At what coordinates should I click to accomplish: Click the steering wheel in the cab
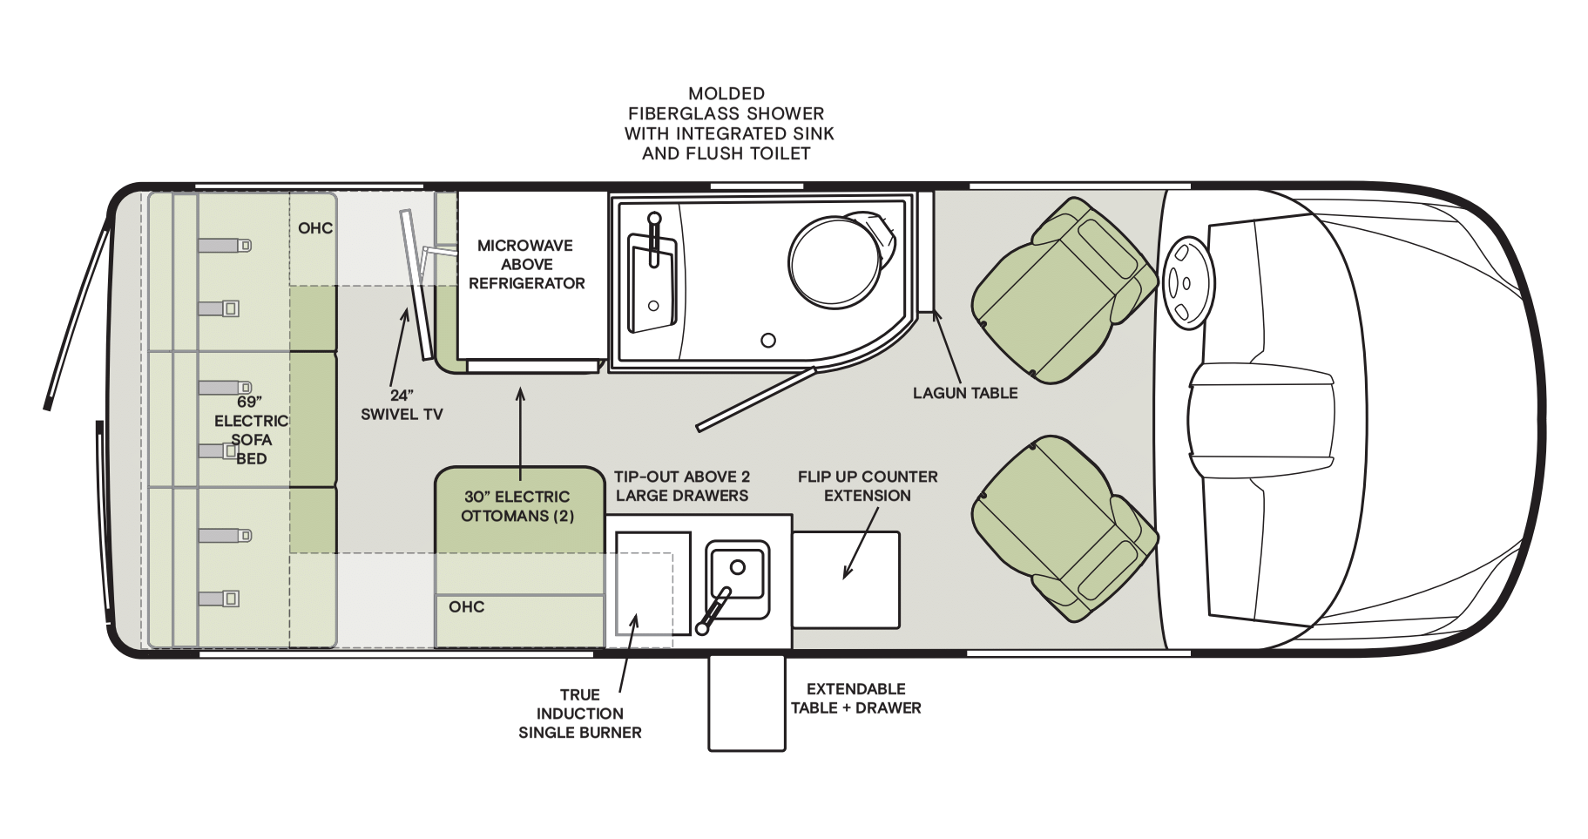pyautogui.click(x=1186, y=283)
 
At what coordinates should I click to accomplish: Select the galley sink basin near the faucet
pyautogui.click(x=737, y=579)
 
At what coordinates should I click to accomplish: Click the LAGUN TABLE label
pyautogui.click(x=965, y=393)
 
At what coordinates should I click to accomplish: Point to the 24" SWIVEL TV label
pyautogui.click(x=402, y=405)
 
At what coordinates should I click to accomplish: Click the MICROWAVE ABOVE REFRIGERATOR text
pyautogui.click(x=526, y=264)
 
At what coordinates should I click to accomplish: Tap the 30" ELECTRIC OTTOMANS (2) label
pyautogui.click(x=517, y=506)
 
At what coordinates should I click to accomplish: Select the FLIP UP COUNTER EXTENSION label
pyautogui.click(x=868, y=486)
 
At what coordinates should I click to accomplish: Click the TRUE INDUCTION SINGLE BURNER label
pyautogui.click(x=580, y=714)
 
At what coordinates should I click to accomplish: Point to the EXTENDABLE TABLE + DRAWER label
pyautogui.click(x=856, y=699)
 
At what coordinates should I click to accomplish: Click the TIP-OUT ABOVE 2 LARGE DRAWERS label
pyautogui.click(x=682, y=486)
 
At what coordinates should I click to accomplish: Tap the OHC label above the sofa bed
pyautogui.click(x=315, y=228)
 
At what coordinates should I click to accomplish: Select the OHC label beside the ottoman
pyautogui.click(x=467, y=607)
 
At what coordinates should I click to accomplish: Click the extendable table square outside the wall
pyautogui.click(x=747, y=702)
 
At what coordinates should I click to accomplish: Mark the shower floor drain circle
pyautogui.click(x=768, y=341)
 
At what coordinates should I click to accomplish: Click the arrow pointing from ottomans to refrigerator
pyautogui.click(x=521, y=434)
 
